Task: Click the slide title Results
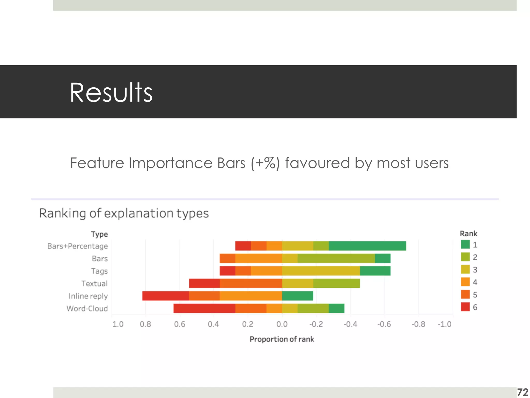pyautogui.click(x=111, y=93)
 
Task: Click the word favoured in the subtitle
pyautogui.click(x=317, y=163)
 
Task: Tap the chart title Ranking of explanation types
pyautogui.click(x=124, y=214)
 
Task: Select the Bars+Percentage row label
pyautogui.click(x=77, y=246)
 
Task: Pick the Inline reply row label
pyautogui.click(x=88, y=296)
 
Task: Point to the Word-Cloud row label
pyautogui.click(x=87, y=308)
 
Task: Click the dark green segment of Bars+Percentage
pyautogui.click(x=367, y=246)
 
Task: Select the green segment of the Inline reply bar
pyautogui.click(x=298, y=296)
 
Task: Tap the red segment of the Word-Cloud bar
pyautogui.click(x=204, y=308)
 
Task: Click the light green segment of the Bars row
pyautogui.click(x=336, y=258)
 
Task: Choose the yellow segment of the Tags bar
pyautogui.click(x=321, y=271)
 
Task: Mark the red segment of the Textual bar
pyautogui.click(x=204, y=283)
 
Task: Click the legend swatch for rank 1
pyautogui.click(x=465, y=244)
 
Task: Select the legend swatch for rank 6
pyautogui.click(x=465, y=307)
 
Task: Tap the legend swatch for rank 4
pyautogui.click(x=465, y=282)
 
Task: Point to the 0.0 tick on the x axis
pyautogui.click(x=282, y=324)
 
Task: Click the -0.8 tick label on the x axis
pyautogui.click(x=418, y=324)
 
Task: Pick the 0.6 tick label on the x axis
pyautogui.click(x=180, y=324)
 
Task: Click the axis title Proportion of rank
pyautogui.click(x=282, y=339)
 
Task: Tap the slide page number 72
pyautogui.click(x=522, y=392)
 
